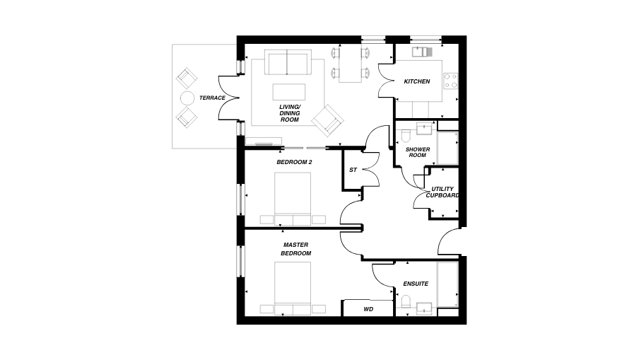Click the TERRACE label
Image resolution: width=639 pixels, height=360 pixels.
click(212, 98)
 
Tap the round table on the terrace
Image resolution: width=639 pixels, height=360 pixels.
click(187, 98)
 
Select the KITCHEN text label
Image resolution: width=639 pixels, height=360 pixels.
click(416, 81)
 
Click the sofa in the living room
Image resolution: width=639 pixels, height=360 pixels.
click(287, 63)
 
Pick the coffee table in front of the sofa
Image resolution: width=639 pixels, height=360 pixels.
click(289, 93)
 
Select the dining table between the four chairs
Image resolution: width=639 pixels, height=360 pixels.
click(350, 63)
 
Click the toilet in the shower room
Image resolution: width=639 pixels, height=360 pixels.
click(404, 134)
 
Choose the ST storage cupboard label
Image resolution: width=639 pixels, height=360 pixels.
click(353, 170)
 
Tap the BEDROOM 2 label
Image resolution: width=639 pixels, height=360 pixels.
click(294, 162)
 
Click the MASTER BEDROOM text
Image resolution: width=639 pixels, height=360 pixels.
click(295, 249)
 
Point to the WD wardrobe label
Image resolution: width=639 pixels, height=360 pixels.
click(368, 309)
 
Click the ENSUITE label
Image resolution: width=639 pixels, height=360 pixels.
click(416, 284)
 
